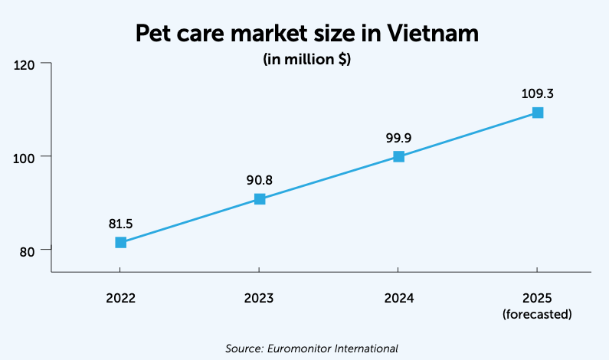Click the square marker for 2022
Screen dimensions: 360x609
tap(120, 242)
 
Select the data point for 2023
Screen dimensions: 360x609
tap(260, 199)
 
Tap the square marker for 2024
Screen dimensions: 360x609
tap(398, 156)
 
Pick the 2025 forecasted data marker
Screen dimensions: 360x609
tap(538, 113)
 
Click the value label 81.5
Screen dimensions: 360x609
tap(120, 224)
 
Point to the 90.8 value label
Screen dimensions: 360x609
tap(260, 181)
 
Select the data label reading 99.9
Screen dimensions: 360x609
tap(398, 138)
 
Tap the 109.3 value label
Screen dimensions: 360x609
tap(537, 94)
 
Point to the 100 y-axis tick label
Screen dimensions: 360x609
tap(25, 157)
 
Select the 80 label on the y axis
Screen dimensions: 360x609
tap(28, 250)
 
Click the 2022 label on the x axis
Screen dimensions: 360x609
tap(120, 298)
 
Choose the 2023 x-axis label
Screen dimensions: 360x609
tap(260, 298)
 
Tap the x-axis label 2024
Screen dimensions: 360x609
tap(398, 298)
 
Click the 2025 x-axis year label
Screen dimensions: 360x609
tap(537, 298)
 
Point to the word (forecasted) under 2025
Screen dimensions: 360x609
tap(537, 314)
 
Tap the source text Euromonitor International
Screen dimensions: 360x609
tap(332, 349)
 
